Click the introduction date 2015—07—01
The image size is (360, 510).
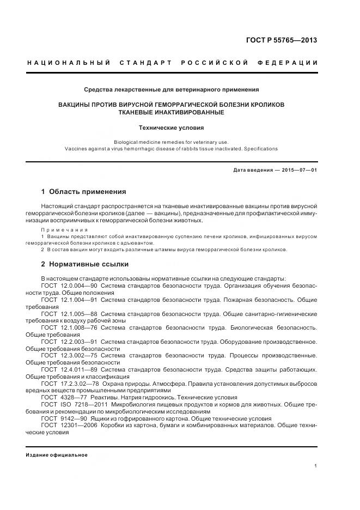click(x=298, y=171)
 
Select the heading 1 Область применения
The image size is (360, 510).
click(x=83, y=192)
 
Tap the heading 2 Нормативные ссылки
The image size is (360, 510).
click(x=85, y=264)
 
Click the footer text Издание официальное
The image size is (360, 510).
click(x=57, y=454)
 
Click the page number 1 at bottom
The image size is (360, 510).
click(x=316, y=465)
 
